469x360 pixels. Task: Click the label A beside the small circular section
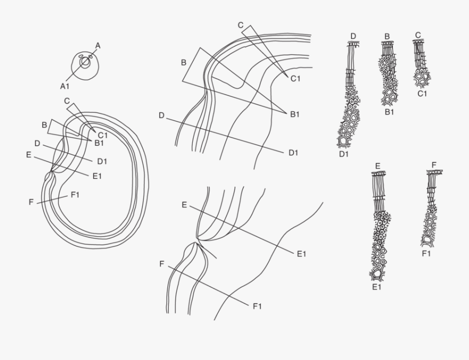point(97,46)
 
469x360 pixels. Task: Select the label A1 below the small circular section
point(65,85)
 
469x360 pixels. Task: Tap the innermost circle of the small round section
point(84,62)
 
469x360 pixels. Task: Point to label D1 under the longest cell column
point(344,154)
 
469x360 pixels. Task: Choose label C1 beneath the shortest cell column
point(422,94)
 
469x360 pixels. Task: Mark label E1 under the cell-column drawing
point(377,287)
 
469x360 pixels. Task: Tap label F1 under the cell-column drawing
point(426,254)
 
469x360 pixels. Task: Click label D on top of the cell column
point(353,36)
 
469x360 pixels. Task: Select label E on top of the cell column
point(378,166)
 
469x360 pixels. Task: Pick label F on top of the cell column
point(434,165)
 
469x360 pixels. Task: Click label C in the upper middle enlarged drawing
point(240,25)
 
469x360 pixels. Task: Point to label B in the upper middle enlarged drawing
point(183,63)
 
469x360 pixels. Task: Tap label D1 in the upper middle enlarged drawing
point(293,153)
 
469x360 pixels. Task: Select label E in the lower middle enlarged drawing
point(184,205)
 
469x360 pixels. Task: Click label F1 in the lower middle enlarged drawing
point(257,306)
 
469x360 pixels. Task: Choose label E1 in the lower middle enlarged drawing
point(302,254)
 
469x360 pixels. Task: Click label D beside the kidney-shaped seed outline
point(37,143)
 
